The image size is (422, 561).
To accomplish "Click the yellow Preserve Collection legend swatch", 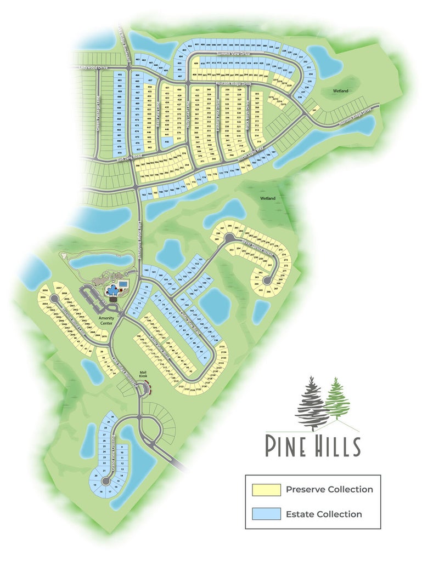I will [266, 489].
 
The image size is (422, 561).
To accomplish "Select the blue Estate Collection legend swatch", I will [266, 514].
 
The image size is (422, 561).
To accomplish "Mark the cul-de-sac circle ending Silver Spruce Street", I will [266, 281].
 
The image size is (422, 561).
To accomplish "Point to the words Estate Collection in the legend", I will [323, 514].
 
